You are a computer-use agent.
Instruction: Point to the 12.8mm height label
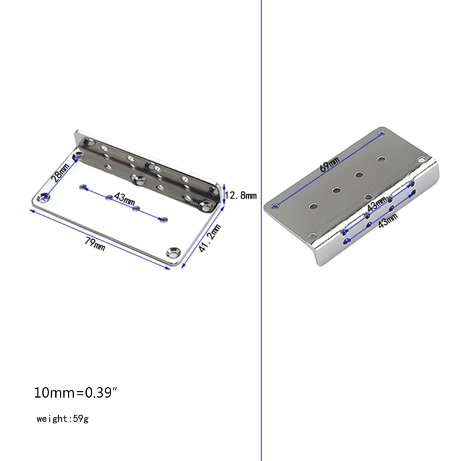pyautogui.click(x=240, y=195)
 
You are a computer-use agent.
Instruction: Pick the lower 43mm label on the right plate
pyautogui.click(x=387, y=220)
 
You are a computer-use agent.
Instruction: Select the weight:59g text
pyautogui.click(x=62, y=419)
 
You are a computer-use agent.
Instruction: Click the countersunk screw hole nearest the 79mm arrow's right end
pyautogui.click(x=173, y=252)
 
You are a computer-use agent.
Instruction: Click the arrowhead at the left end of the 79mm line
pyautogui.click(x=32, y=210)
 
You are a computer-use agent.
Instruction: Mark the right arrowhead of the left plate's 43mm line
pyautogui.click(x=165, y=218)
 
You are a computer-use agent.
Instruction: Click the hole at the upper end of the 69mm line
pyautogui.click(x=382, y=134)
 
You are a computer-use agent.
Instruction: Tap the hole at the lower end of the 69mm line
pyautogui.click(x=275, y=205)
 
